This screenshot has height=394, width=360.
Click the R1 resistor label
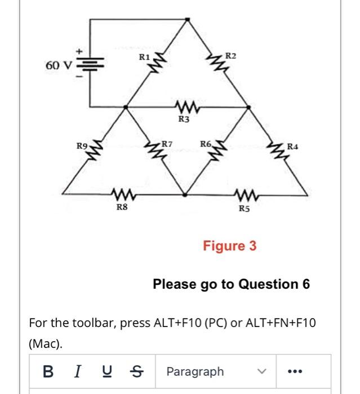(x=144, y=57)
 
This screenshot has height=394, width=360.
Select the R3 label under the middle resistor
(x=184, y=119)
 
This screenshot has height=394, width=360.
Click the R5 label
(x=243, y=208)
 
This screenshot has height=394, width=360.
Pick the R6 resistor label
(x=206, y=145)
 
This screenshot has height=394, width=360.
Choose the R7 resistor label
(x=167, y=145)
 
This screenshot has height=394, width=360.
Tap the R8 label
(x=122, y=207)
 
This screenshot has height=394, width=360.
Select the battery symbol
(x=90, y=66)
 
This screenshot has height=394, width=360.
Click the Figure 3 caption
(x=229, y=246)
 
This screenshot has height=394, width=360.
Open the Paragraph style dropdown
(x=215, y=371)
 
